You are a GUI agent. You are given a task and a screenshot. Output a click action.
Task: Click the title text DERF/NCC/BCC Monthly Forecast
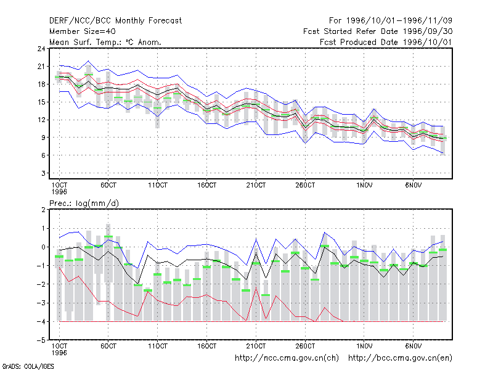point(115,21)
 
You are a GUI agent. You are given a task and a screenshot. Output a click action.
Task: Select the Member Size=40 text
point(83,31)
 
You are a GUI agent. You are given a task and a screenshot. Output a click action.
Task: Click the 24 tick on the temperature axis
point(41,49)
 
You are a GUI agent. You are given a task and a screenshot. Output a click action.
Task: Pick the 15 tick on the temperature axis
point(41,102)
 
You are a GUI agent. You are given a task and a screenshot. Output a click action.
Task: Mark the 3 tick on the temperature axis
point(43,173)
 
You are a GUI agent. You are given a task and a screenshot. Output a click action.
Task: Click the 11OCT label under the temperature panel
point(158,186)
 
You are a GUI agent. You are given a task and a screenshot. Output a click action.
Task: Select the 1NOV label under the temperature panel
point(364,186)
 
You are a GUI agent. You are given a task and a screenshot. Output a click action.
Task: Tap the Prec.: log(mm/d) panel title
point(84,203)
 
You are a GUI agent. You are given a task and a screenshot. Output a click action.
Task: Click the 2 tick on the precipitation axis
point(43,210)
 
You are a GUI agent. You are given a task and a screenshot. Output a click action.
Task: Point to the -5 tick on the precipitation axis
point(41,340)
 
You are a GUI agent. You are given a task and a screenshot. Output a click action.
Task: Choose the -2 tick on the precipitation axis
point(41,284)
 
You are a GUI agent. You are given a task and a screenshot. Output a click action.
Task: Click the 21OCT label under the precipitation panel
point(256,346)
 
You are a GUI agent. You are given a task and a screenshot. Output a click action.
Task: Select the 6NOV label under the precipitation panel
point(413,346)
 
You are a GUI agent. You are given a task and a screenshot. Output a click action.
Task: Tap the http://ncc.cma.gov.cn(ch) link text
point(287,358)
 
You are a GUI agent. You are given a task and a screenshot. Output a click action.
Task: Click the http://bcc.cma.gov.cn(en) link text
point(400,358)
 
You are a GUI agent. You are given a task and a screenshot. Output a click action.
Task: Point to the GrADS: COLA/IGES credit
point(28,366)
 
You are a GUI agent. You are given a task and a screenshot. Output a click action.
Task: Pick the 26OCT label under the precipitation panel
point(305,346)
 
